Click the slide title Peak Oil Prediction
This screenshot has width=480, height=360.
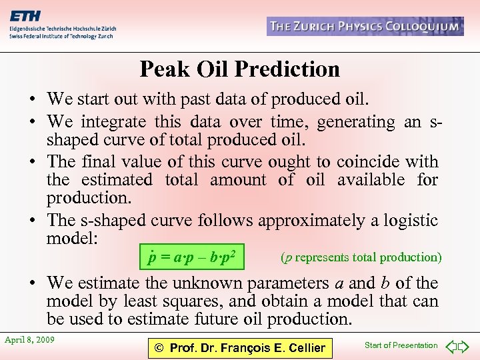coord(239,69)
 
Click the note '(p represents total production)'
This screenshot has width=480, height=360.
coord(361,256)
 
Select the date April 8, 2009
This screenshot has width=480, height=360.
coord(29,340)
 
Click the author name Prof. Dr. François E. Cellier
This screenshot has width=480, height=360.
coord(239,347)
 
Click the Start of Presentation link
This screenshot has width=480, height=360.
coord(401,345)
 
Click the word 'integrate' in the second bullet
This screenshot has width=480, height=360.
coord(112,122)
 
